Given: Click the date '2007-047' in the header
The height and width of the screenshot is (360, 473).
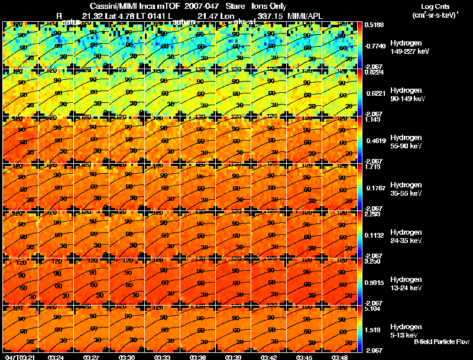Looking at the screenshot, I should [195, 5].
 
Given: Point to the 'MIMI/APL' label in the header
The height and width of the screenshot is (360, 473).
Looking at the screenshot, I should [307, 14].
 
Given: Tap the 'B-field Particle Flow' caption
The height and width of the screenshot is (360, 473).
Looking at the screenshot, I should [441, 342].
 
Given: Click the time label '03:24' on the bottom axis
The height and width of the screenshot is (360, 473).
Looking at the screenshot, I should [56, 357].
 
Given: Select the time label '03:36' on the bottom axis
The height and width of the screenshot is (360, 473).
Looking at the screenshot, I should [197, 357].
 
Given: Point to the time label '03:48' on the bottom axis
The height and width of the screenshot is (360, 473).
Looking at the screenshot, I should [339, 357].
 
